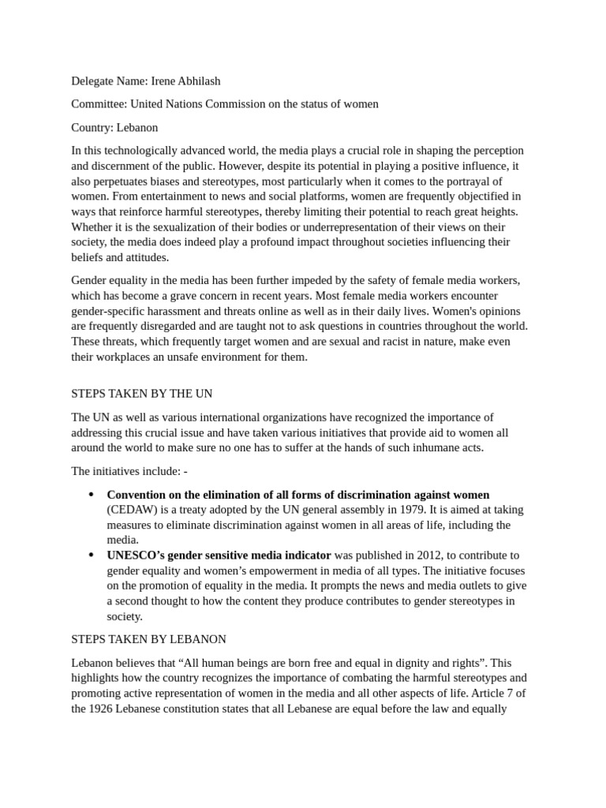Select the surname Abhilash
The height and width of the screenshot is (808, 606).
click(200, 80)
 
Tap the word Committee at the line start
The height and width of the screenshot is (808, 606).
click(98, 103)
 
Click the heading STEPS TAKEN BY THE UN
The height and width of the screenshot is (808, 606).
click(142, 393)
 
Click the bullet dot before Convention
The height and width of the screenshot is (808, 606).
click(91, 495)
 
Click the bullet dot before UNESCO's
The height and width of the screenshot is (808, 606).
click(91, 555)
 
